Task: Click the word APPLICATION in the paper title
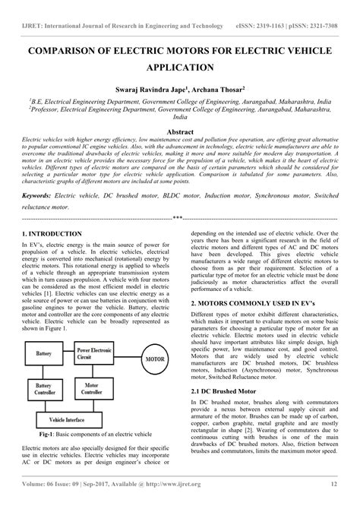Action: [x=180, y=68]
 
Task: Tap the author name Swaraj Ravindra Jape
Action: [x=150, y=88]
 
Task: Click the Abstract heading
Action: [x=180, y=131]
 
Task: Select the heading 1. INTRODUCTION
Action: [x=52, y=234]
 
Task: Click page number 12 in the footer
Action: [x=333, y=502]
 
